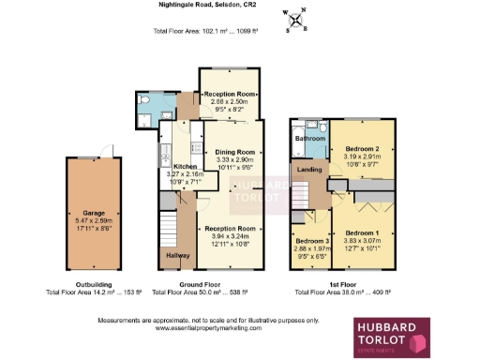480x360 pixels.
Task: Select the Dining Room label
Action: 235,152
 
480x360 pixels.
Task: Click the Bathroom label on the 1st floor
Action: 309,139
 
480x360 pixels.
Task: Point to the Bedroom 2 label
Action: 361,149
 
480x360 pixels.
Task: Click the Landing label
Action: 307,170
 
